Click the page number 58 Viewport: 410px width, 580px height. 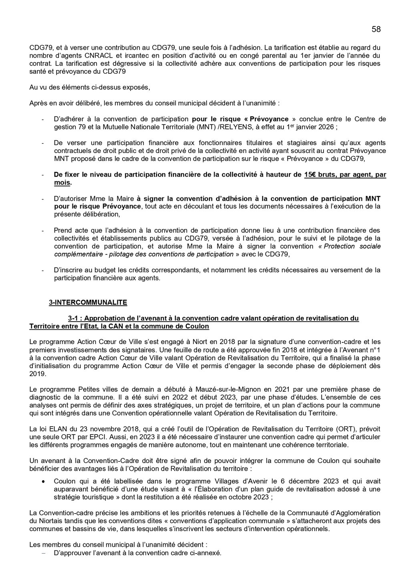click(376, 29)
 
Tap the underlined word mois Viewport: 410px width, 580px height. click(62, 182)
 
